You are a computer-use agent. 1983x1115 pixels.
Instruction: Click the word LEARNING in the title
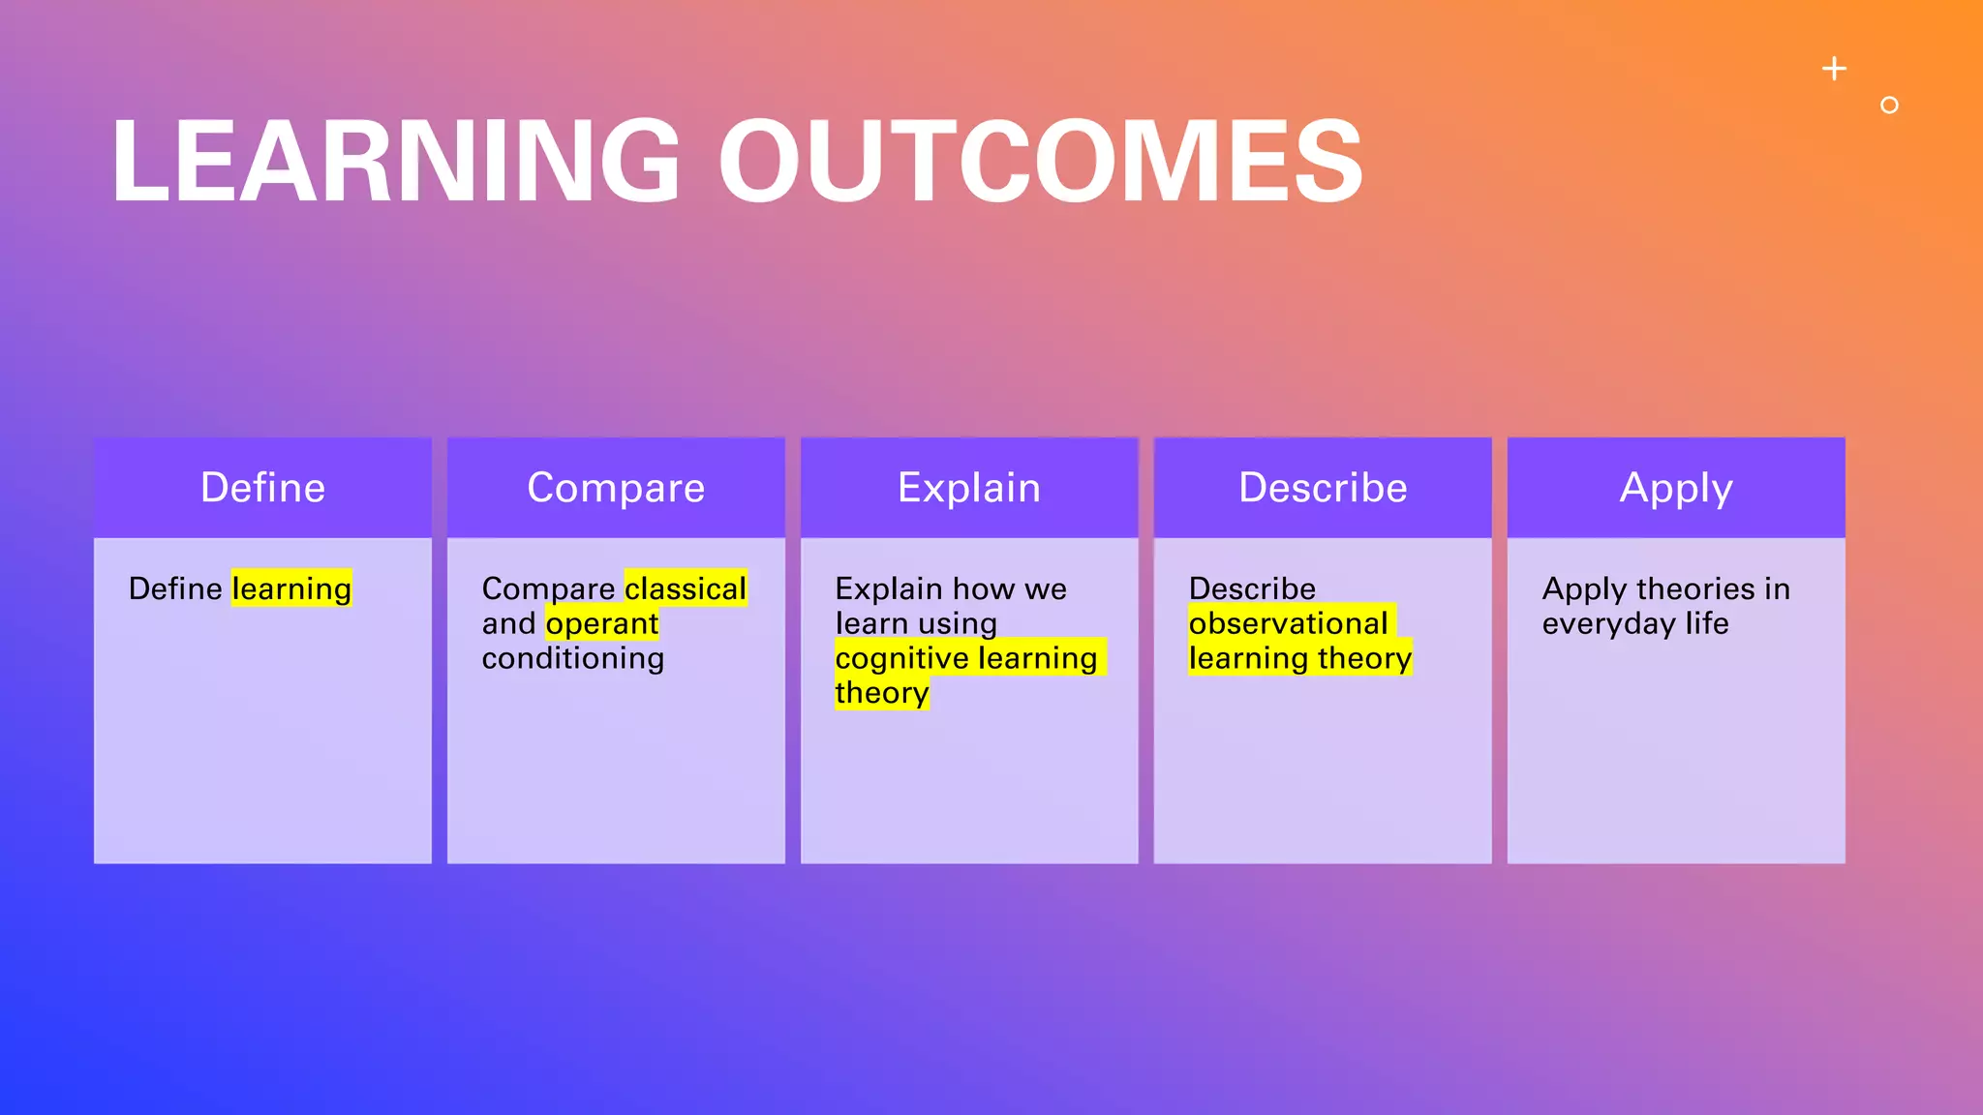(395, 161)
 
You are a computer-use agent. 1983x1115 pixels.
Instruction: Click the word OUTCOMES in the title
(1040, 161)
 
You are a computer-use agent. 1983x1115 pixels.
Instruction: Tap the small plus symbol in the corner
(1834, 69)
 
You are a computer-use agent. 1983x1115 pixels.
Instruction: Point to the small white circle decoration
(1889, 105)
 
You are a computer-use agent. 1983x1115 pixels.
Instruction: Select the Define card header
(262, 488)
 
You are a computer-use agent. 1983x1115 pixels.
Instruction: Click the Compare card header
(616, 488)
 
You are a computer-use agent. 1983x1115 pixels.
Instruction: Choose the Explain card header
(969, 488)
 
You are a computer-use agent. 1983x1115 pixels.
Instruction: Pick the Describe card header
(1323, 488)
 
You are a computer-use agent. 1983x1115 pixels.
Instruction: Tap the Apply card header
(1676, 488)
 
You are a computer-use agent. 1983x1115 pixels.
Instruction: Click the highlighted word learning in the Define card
(291, 588)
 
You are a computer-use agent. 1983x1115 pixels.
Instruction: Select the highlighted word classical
(686, 588)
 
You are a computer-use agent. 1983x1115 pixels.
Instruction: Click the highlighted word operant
(601, 623)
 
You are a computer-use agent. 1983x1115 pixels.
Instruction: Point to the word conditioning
(573, 658)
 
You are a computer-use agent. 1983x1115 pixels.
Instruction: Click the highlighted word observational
(1289, 623)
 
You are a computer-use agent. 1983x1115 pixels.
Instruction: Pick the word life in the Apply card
(1707, 623)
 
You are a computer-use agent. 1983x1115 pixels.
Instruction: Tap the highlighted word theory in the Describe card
(1364, 659)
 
